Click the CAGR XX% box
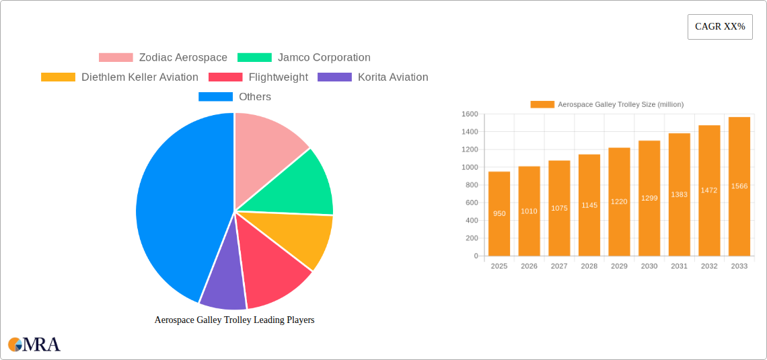720,27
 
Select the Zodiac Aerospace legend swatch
116,58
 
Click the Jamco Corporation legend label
324,58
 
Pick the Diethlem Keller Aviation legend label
139,77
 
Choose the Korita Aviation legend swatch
334,77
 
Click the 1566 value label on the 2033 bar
739,186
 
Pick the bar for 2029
619,202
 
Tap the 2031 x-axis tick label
679,266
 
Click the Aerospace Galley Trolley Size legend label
620,104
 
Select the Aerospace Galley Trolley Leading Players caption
234,320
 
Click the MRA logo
34,345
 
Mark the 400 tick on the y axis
471,220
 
